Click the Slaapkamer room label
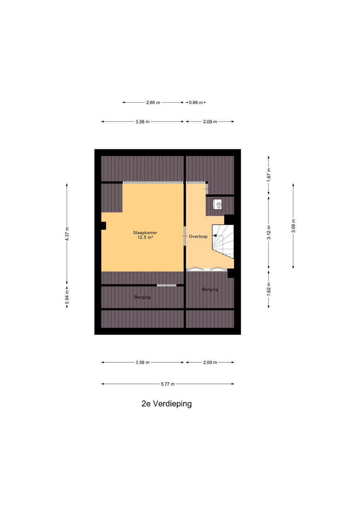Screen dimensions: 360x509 145,233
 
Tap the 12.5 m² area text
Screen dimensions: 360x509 145,238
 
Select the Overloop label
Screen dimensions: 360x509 198,236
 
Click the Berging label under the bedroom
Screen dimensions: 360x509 143,297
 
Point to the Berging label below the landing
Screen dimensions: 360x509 210,289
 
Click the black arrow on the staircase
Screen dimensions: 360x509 215,236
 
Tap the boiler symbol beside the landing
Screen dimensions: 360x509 217,204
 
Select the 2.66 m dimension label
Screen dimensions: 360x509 153,103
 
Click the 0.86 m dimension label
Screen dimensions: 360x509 196,103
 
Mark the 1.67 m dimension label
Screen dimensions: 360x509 269,175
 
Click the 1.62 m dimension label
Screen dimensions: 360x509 269,289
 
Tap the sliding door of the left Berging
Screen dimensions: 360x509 167,285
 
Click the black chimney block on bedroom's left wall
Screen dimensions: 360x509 103,226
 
